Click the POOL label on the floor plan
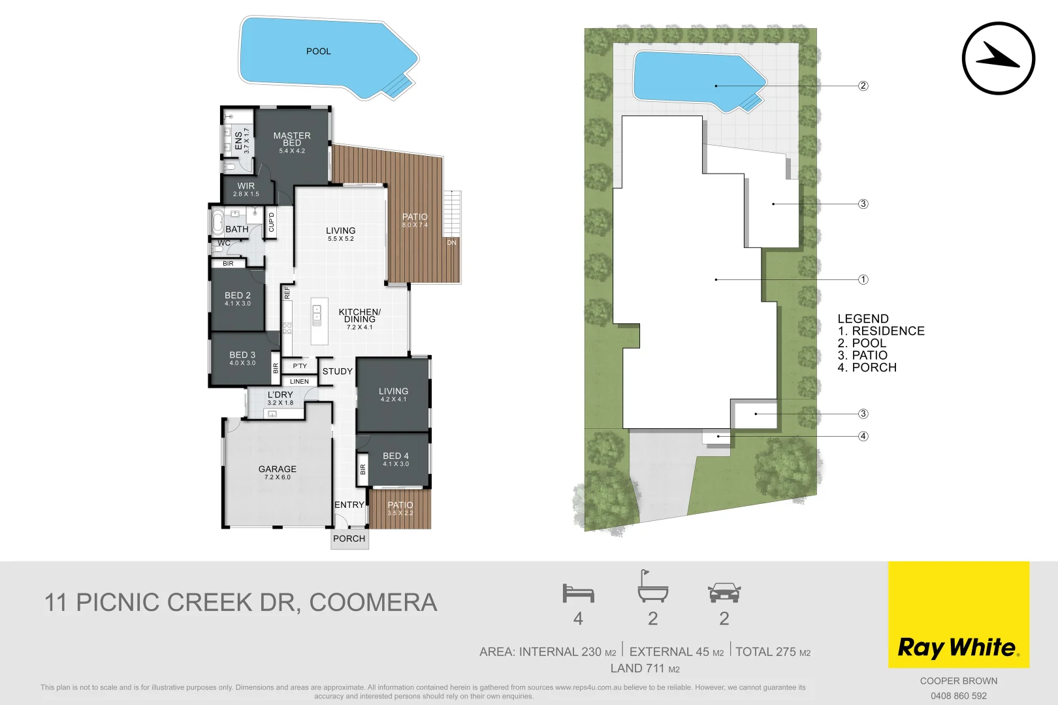tap(318, 51)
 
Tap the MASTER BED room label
tap(292, 140)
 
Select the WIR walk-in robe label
tap(246, 187)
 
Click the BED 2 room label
tap(238, 296)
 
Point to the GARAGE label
tap(277, 469)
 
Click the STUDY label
tap(337, 371)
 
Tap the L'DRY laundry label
tap(280, 395)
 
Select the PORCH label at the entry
tap(349, 539)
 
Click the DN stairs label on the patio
tap(451, 243)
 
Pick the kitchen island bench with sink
tap(319, 321)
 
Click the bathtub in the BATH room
tap(217, 222)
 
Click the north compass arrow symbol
tap(998, 58)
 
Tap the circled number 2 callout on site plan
tap(863, 86)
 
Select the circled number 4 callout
tap(863, 436)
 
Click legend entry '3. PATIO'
tap(862, 355)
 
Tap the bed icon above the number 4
tap(578, 593)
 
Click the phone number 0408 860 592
tap(958, 696)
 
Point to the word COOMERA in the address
tap(373, 603)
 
